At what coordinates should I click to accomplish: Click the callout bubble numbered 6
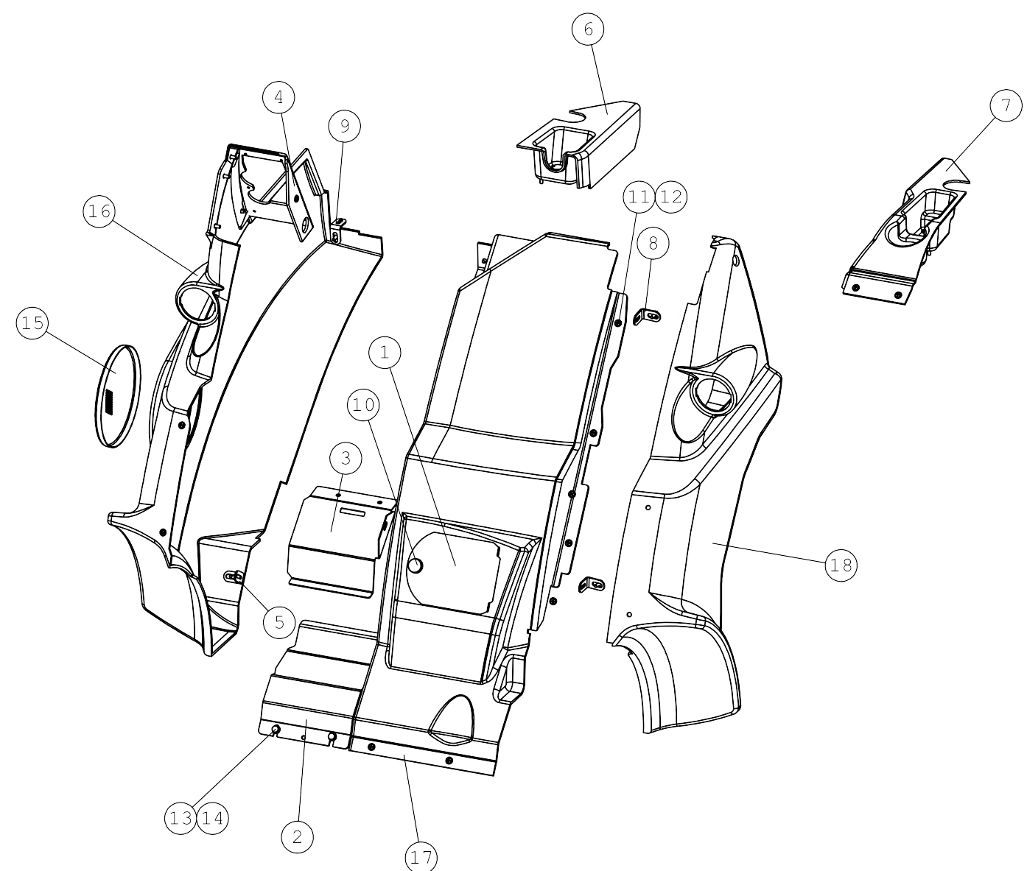pyautogui.click(x=588, y=29)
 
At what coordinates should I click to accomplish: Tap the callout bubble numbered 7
pyautogui.click(x=1006, y=105)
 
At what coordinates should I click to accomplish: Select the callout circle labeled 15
pyautogui.click(x=33, y=322)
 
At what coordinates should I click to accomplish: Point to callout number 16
pyautogui.click(x=99, y=211)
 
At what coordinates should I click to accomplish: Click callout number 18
pyautogui.click(x=841, y=565)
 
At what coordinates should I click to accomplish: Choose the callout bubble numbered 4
pyautogui.click(x=278, y=97)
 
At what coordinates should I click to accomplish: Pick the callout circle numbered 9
pyautogui.click(x=345, y=126)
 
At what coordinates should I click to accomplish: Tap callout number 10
pyautogui.click(x=363, y=405)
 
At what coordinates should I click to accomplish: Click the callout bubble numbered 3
pyautogui.click(x=346, y=458)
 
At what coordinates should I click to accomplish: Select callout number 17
pyautogui.click(x=421, y=856)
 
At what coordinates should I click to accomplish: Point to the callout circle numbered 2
pyautogui.click(x=298, y=836)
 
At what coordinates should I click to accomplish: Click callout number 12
pyautogui.click(x=671, y=197)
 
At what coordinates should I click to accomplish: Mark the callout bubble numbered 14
pyautogui.click(x=213, y=818)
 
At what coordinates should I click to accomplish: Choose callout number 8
pyautogui.click(x=653, y=243)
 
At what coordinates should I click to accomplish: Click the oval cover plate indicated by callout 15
pyautogui.click(x=117, y=396)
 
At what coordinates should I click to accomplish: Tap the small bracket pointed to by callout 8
pyautogui.click(x=648, y=316)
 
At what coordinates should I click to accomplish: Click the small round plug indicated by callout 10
pyautogui.click(x=415, y=565)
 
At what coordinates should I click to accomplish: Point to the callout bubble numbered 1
pyautogui.click(x=385, y=352)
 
